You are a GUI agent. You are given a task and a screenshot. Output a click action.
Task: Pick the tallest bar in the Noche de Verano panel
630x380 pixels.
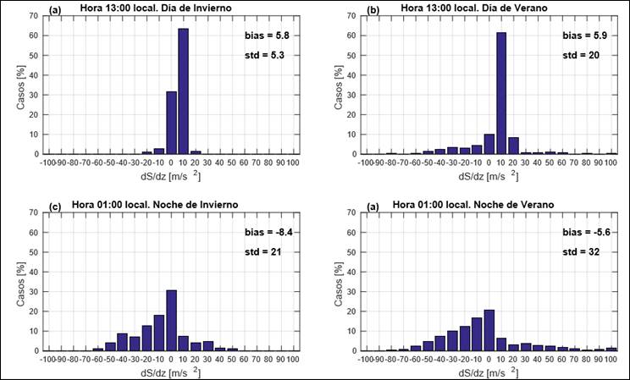(x=489, y=330)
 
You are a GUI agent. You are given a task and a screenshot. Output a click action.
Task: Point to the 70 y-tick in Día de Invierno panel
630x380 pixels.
(x=38, y=16)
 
